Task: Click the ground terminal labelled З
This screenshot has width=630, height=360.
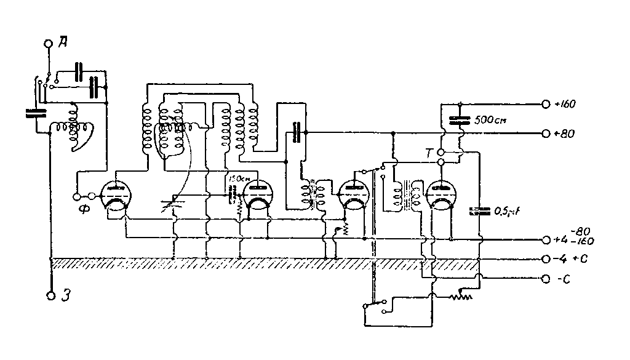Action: [x=50, y=295]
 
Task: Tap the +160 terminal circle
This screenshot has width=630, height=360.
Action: [x=545, y=105]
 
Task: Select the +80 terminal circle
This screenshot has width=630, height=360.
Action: [x=545, y=133]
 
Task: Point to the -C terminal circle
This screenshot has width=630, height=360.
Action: [x=545, y=279]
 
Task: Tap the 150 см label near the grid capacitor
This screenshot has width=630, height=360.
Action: [x=238, y=179]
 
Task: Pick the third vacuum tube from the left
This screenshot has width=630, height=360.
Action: [x=353, y=196]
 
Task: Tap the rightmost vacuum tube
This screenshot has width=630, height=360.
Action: [x=442, y=196]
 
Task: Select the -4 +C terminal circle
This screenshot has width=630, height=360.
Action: [x=545, y=259]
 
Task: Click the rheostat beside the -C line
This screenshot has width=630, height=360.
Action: [x=461, y=297]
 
